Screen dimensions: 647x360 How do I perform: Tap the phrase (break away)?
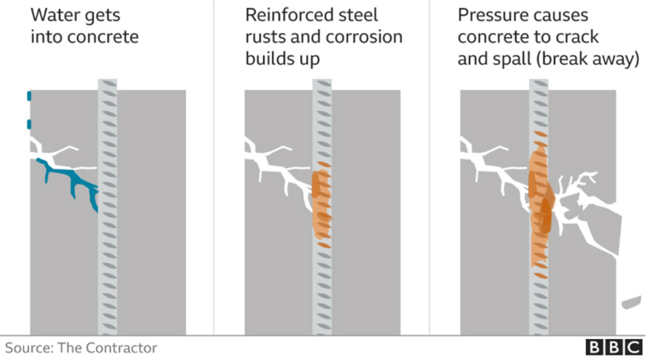(587, 59)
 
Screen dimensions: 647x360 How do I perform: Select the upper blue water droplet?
(29, 96)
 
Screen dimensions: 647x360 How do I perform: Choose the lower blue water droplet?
(29, 124)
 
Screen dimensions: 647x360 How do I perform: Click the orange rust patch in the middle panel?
(321, 204)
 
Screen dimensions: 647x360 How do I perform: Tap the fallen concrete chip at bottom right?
(631, 303)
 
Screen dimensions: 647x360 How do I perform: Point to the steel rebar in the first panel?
(108, 207)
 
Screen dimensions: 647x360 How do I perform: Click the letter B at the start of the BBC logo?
(594, 347)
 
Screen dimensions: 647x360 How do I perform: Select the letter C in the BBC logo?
(634, 347)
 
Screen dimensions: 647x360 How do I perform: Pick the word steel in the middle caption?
(358, 15)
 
